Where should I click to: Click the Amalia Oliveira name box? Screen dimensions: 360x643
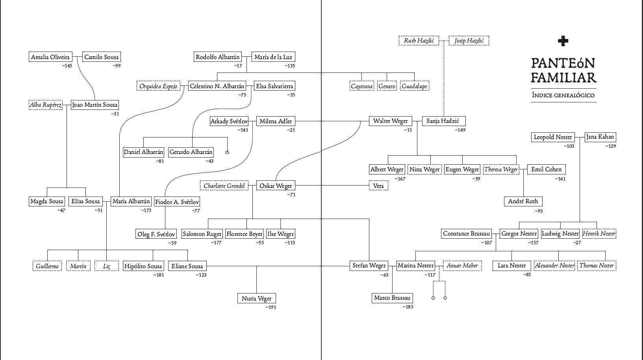point(50,57)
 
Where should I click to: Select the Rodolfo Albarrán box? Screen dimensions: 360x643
point(217,57)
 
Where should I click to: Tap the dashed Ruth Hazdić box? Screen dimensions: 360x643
point(419,41)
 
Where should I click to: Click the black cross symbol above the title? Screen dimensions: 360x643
point(563,41)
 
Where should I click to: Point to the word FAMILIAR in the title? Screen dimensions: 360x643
point(563,77)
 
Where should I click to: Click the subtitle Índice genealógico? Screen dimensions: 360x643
point(563,95)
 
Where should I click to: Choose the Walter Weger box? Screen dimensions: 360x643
point(390,121)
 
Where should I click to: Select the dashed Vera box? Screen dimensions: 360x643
point(378,186)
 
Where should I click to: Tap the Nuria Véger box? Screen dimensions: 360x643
point(256,299)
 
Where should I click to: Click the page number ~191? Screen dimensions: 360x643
point(271,307)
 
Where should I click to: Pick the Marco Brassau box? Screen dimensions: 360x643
point(392,298)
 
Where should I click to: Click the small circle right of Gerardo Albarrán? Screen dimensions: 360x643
point(227,152)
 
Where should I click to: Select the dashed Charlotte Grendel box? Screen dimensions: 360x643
point(224,186)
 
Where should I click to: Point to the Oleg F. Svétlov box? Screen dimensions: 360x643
point(156,234)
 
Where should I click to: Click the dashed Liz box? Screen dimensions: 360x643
point(107,266)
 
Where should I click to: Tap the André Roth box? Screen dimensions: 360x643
point(523,201)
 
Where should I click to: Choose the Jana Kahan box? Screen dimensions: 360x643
point(599,137)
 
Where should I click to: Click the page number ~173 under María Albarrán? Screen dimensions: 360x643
point(146,211)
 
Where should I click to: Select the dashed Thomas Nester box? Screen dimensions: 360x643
point(596,266)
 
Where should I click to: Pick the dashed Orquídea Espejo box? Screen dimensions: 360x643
point(158,86)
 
